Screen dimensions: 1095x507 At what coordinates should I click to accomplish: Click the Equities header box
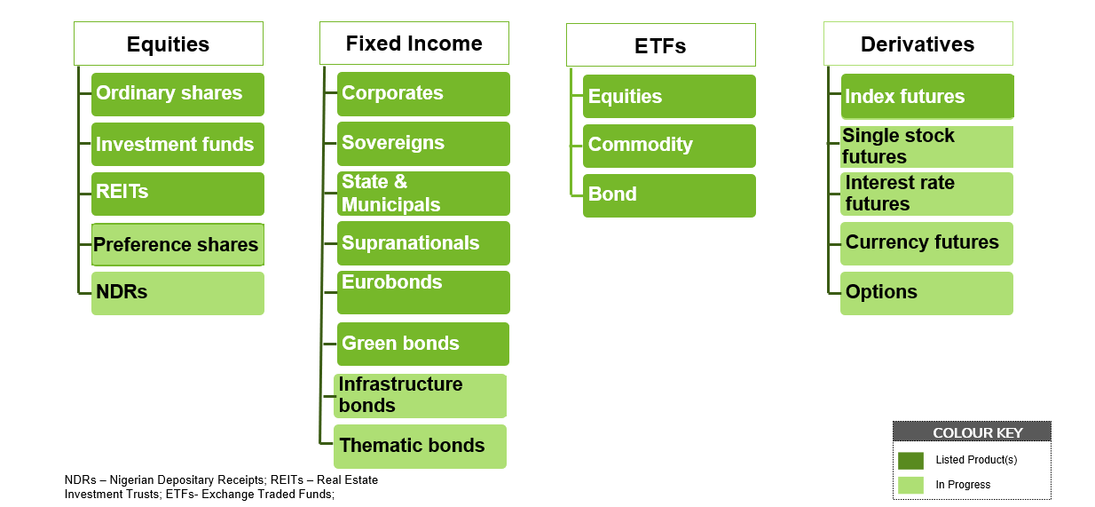169,44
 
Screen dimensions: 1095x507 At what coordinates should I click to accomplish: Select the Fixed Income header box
414,44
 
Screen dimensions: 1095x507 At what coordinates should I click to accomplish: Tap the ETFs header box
661,45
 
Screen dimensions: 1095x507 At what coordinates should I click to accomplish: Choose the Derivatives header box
918,44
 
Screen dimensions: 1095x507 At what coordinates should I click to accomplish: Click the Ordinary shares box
178,94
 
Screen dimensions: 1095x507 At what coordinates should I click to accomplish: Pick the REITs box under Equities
178,194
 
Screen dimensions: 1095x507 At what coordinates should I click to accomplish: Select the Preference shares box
178,245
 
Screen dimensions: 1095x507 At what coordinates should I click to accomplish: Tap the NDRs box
178,293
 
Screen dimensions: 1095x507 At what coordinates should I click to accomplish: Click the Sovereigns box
423,144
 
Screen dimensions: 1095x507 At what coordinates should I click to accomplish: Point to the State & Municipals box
423,194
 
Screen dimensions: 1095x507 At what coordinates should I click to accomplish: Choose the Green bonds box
423,344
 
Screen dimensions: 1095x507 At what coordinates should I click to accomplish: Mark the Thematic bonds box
420,447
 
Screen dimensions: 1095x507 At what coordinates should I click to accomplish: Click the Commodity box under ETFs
669,146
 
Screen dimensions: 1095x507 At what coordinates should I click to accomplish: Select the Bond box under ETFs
669,195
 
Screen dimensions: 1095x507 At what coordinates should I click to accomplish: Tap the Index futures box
927,97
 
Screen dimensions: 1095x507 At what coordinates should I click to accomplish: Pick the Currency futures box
926,243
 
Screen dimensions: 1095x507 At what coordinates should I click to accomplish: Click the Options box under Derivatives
926,293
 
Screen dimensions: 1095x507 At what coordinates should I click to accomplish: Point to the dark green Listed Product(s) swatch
910,461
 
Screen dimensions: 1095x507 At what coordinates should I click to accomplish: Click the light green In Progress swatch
910,485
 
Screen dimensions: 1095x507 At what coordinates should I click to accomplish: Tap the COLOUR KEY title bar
972,432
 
